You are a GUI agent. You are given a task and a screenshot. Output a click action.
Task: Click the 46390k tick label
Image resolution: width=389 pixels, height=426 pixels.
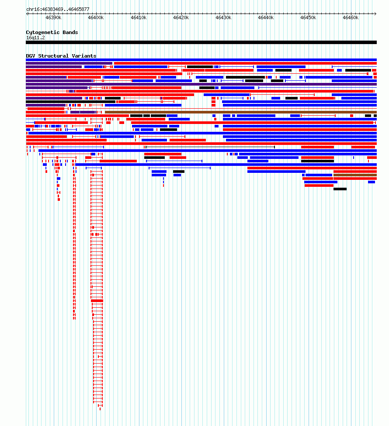pos(53,17)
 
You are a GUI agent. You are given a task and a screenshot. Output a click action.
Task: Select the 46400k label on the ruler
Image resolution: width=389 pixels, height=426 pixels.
pos(96,17)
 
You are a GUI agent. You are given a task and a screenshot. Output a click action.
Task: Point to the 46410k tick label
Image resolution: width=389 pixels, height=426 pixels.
pos(139,17)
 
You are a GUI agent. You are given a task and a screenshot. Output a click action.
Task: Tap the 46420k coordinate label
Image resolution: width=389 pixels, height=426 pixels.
pos(181,17)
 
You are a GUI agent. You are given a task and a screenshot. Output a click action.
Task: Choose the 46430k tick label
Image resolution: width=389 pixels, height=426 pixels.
pos(223,17)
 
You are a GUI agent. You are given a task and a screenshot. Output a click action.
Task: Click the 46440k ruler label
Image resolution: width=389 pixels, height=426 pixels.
pos(266,17)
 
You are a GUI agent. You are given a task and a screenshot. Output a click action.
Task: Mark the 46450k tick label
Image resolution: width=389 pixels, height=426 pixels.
pos(308,17)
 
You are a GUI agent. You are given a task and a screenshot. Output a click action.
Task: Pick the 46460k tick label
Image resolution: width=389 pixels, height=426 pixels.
pos(351,17)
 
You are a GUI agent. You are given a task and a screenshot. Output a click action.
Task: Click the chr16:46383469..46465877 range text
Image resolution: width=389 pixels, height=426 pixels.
pos(58,9)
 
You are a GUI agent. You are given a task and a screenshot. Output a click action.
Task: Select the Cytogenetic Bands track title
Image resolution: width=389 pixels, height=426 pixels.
pos(52,32)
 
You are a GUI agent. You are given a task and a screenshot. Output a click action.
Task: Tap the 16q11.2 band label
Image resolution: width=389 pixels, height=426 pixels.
pos(36,38)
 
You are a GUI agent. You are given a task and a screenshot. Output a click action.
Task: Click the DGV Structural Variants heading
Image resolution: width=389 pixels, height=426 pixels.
pos(61,56)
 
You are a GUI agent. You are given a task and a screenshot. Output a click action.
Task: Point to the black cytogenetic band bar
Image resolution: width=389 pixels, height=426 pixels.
pos(201,42)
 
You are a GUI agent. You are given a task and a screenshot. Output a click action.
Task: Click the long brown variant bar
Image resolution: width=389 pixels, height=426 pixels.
pos(241,112)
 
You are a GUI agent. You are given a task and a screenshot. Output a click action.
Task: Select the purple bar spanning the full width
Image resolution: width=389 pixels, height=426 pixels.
pos(201,84)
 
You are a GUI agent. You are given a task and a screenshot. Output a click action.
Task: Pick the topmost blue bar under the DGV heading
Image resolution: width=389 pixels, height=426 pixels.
pos(201,60)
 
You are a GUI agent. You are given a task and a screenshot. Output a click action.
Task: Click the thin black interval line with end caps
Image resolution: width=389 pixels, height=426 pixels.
pos(210,147)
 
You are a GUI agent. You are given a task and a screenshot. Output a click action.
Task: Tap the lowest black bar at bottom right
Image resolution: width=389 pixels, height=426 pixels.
pos(340,189)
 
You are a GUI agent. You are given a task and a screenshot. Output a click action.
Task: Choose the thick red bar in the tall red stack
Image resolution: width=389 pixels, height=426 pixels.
pos(97,301)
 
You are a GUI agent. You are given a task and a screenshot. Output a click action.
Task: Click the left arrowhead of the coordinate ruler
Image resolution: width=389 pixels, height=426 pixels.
pos(27,14)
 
